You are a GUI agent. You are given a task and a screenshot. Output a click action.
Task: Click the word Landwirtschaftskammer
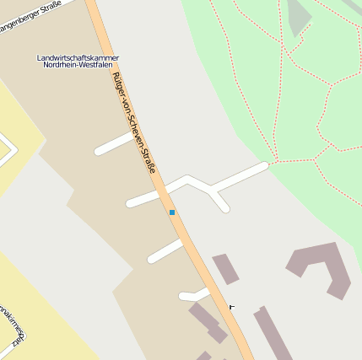tap(78, 57)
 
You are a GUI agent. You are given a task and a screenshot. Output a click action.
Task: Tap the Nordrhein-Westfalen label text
tap(78, 65)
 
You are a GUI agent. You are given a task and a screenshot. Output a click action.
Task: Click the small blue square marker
tap(172, 212)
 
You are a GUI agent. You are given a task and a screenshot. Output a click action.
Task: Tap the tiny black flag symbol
tap(231, 307)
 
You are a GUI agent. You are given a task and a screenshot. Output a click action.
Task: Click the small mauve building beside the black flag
tap(225, 269)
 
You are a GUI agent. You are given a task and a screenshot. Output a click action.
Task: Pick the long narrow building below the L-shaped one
tap(273, 334)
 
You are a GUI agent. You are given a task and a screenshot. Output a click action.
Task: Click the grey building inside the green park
tap(299, 17)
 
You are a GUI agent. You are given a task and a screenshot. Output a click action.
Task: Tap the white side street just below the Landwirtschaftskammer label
tap(113, 144)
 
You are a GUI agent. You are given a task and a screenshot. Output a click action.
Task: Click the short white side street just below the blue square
tap(165, 251)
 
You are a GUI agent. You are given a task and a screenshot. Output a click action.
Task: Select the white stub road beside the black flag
tap(193, 294)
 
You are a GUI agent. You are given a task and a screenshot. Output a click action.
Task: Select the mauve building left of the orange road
tap(206, 322)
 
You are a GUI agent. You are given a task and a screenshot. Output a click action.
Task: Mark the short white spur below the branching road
tap(221, 202)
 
